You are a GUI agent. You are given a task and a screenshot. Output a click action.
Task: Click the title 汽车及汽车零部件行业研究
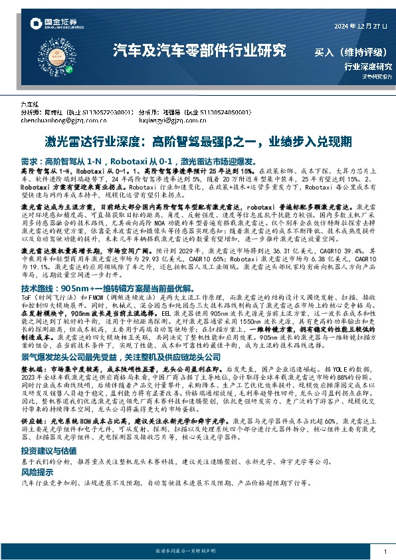click(199, 50)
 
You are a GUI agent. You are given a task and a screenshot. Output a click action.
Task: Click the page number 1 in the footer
click(385, 552)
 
